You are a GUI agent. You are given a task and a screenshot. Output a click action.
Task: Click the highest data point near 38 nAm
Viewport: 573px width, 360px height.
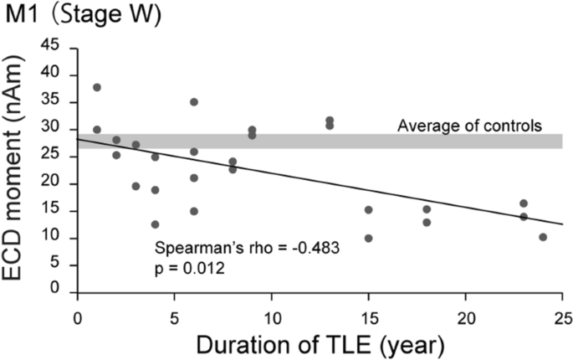pos(97,87)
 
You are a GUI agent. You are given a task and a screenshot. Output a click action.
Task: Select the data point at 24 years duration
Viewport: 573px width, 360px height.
pos(543,237)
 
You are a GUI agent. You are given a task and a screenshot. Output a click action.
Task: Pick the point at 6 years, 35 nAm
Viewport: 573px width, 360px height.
pos(194,102)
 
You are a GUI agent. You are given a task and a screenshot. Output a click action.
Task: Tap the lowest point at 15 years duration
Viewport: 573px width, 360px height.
pos(368,238)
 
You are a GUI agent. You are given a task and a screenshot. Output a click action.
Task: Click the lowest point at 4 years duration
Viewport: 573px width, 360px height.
pos(155,224)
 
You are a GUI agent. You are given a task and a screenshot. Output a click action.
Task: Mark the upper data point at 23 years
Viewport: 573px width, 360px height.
pos(524,203)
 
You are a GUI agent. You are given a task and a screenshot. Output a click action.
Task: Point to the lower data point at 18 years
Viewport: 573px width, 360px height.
pos(427,223)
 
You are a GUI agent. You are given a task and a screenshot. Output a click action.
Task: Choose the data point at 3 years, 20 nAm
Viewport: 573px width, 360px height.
pos(136,186)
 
